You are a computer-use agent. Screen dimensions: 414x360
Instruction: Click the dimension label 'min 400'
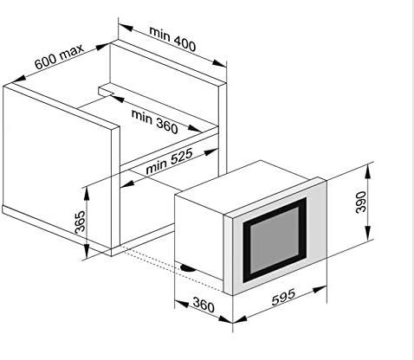[x=172, y=39]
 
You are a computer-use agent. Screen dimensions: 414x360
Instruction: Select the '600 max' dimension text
[x=59, y=56]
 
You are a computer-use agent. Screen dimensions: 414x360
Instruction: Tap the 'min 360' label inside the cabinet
[x=154, y=122]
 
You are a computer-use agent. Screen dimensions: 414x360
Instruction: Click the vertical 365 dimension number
[x=80, y=222]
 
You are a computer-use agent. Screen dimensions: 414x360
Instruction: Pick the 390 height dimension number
[x=361, y=202]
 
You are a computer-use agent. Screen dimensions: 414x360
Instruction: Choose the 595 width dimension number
[x=283, y=297]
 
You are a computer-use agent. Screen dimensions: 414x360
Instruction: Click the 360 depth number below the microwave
[x=204, y=305]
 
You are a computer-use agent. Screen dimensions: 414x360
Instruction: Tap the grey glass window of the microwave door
[x=275, y=240]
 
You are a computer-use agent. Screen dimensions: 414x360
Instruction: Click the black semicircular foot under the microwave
[x=188, y=268]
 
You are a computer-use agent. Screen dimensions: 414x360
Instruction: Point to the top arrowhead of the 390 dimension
[x=367, y=170]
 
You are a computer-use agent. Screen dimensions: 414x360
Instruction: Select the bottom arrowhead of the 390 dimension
[x=367, y=233]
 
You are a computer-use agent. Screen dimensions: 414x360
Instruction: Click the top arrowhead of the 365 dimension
[x=87, y=194]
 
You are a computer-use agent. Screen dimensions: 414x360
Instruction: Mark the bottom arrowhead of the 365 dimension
[x=87, y=251]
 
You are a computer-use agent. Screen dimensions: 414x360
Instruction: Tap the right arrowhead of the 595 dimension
[x=320, y=289]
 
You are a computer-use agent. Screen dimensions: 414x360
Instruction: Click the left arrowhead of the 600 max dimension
[x=18, y=78]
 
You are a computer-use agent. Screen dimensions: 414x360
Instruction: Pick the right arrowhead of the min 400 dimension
[x=219, y=63]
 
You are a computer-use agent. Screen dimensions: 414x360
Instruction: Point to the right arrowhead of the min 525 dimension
[x=211, y=151]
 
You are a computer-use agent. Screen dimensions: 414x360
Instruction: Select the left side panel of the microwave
[x=199, y=237]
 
